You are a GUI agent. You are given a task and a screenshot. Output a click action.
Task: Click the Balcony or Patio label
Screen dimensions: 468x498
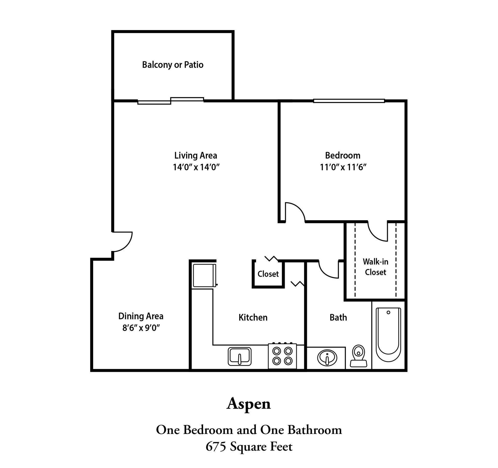(173, 65)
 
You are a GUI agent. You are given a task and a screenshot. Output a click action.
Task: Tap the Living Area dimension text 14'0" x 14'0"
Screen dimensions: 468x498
(196, 167)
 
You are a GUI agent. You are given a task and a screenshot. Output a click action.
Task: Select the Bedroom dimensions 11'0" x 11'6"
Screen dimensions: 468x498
(343, 167)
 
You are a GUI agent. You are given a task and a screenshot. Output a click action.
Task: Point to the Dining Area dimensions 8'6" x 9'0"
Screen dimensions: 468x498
(141, 328)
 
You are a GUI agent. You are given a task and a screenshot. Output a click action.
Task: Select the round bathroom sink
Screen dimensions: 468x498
(327, 358)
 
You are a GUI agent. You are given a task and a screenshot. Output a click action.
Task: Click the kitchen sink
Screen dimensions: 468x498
(239, 356)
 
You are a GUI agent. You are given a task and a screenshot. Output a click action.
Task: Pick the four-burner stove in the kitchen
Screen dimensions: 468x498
(282, 356)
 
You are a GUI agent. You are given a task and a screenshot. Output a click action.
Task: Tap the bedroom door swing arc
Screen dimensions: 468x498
(295, 212)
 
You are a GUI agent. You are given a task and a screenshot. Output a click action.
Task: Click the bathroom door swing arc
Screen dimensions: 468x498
(328, 270)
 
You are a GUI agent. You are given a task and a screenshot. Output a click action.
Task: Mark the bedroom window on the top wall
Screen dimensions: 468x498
(349, 101)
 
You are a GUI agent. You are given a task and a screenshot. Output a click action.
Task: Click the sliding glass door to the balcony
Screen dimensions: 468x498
(170, 101)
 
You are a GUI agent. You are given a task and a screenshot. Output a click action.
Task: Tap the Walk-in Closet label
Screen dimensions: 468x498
(375, 267)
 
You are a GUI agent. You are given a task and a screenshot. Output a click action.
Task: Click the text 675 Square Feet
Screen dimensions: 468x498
(249, 447)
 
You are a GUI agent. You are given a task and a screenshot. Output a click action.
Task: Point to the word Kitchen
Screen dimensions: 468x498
(253, 317)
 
